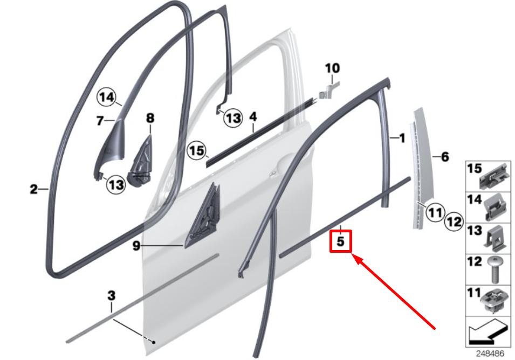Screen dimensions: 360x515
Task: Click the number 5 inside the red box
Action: (x=340, y=241)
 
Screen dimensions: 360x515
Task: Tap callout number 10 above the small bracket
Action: (x=333, y=68)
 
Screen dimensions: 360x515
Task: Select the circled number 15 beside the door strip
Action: (x=197, y=150)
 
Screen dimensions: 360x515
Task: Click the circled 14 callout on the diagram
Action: (x=107, y=98)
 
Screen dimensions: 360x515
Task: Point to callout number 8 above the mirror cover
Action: (x=150, y=117)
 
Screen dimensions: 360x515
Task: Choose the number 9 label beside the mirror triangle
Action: (x=136, y=246)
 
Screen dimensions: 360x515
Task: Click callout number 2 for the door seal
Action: (x=33, y=189)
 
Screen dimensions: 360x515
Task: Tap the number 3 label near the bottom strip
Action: (x=111, y=295)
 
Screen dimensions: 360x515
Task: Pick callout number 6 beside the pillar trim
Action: (x=445, y=157)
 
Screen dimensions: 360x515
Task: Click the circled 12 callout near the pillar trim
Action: (x=455, y=220)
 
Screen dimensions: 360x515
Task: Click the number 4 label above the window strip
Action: (x=253, y=117)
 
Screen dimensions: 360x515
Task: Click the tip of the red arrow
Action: (x=354, y=257)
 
